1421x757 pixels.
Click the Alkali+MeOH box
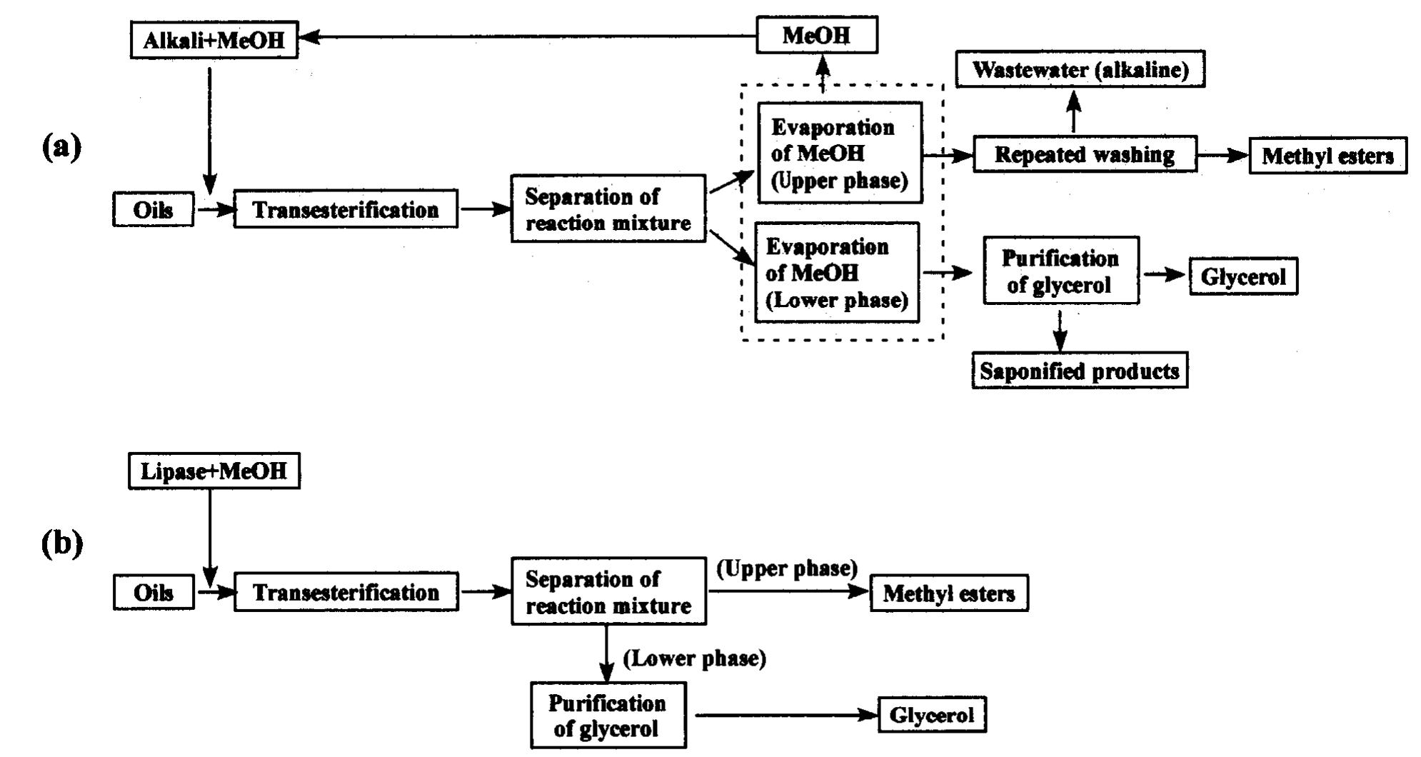pyautogui.click(x=214, y=39)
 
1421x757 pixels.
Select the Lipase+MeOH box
pyautogui.click(x=214, y=471)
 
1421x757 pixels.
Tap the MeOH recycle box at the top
pyautogui.click(x=816, y=35)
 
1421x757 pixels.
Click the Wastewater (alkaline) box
pyautogui.click(x=1080, y=69)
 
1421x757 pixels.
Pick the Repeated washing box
pyautogui.click(x=1084, y=154)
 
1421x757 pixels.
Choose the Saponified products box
pyautogui.click(x=1079, y=370)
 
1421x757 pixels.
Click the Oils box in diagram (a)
pyautogui.click(x=153, y=209)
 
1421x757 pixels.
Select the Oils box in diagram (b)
pyautogui.click(x=153, y=592)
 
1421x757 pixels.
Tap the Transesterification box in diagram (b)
pyautogui.click(x=346, y=592)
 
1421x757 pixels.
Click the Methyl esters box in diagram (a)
pyautogui.click(x=1327, y=156)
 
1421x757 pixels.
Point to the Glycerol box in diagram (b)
pyautogui.click(x=931, y=715)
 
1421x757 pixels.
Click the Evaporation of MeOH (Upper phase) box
pyautogui.click(x=839, y=153)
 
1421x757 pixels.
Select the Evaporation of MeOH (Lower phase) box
pyautogui.click(x=836, y=273)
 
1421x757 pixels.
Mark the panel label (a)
pyautogui.click(x=62, y=146)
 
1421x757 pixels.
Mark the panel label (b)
pyautogui.click(x=62, y=544)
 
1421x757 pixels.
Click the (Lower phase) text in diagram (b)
pyautogui.click(x=694, y=658)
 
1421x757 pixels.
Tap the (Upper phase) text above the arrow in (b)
pyautogui.click(x=786, y=568)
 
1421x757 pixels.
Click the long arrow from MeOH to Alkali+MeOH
pyautogui.click(x=528, y=36)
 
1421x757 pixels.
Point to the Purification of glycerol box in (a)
pyautogui.click(x=1060, y=271)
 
